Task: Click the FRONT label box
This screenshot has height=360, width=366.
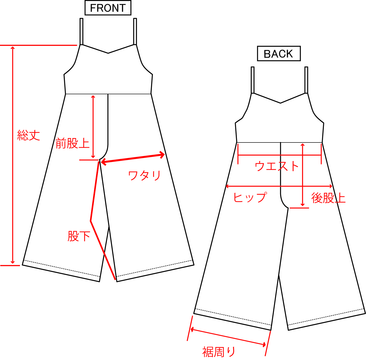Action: point(108,8)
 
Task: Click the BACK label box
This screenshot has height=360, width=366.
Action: point(278,54)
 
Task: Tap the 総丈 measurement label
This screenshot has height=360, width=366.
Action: point(29,135)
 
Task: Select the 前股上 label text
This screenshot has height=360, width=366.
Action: point(72,143)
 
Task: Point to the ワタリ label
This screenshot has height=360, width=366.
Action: point(144,175)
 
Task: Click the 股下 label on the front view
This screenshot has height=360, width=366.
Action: point(79,236)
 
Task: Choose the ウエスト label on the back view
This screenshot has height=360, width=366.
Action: point(277,166)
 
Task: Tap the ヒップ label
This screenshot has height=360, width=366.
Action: point(250,197)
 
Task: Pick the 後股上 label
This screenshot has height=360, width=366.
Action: point(328,198)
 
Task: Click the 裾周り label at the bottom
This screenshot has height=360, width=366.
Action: point(219,352)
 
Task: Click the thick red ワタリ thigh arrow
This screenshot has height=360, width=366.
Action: point(133,159)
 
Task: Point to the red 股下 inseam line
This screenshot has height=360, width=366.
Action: point(94,194)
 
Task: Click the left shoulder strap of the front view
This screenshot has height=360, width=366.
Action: point(81,31)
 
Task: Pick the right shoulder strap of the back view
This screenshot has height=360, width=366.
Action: point(306,80)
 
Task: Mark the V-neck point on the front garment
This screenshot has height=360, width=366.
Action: point(108,53)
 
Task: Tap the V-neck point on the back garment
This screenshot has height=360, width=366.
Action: point(280,103)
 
